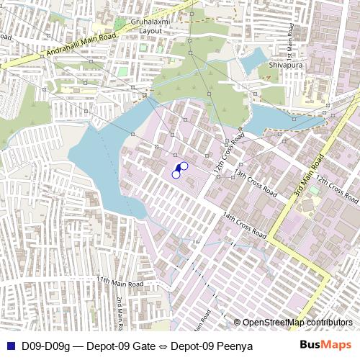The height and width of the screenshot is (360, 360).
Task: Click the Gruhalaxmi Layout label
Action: click(x=150, y=27)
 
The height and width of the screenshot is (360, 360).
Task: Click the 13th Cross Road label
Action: click(x=254, y=184)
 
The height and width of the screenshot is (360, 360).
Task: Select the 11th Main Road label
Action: click(x=120, y=284)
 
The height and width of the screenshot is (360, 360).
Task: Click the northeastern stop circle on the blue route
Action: click(x=184, y=166)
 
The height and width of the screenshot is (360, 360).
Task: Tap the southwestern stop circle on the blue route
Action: click(x=176, y=174)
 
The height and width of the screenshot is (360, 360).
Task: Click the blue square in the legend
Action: click(x=9, y=346)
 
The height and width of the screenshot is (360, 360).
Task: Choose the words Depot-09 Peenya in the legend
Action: click(x=212, y=346)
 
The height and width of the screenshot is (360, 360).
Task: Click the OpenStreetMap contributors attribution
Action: click(x=297, y=322)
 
